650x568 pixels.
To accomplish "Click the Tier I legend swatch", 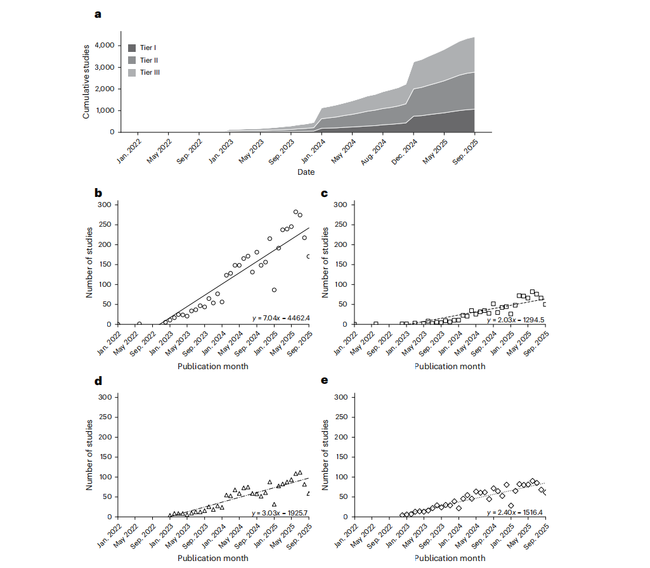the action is click(132, 48).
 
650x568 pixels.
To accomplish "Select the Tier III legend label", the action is click(150, 72).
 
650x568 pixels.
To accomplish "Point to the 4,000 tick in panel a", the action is click(105, 45).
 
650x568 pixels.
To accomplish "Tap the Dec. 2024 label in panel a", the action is click(405, 152).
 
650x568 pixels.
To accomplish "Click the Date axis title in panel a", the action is click(306, 172).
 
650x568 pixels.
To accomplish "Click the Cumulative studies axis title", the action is click(86, 82).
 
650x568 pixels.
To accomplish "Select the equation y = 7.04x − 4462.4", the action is click(281, 318).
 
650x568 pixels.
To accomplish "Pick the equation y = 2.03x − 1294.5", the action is click(516, 320).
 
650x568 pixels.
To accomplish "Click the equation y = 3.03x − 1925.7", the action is click(280, 513).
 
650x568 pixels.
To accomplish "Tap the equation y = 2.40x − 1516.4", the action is click(514, 512).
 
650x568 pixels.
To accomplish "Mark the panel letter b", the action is click(98, 193).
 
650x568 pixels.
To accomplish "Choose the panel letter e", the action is click(325, 381).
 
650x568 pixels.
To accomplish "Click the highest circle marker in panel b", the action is click(296, 212).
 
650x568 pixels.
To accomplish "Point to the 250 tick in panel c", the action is click(341, 224).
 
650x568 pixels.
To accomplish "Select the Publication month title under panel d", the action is click(213, 558).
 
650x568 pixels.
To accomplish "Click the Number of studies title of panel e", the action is click(325, 455).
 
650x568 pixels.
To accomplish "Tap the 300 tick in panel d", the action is click(105, 397).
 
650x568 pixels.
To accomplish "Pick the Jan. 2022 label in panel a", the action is click(129, 151).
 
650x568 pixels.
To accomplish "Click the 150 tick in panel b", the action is click(105, 264).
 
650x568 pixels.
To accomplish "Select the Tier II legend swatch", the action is click(132, 60).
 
